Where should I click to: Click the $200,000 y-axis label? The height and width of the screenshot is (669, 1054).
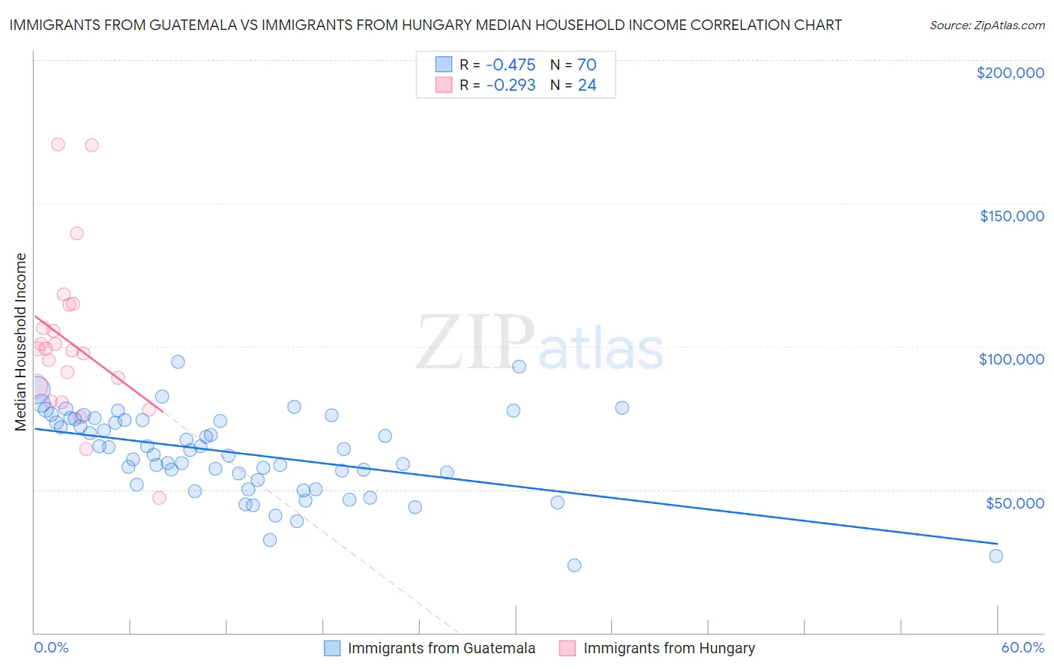tap(1010, 73)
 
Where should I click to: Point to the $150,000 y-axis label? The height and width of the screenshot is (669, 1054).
tap(1011, 216)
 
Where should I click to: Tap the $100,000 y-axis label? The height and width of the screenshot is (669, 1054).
tap(1011, 359)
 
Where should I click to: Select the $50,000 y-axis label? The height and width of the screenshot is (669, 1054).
tap(1014, 502)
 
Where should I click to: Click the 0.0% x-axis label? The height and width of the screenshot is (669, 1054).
tap(51, 647)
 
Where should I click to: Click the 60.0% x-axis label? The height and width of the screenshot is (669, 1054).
tap(1023, 647)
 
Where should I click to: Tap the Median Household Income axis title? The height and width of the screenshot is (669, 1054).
tap(21, 342)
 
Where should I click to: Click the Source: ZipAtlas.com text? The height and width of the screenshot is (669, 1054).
tap(987, 25)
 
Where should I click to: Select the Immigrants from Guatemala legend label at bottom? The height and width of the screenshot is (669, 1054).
tap(442, 648)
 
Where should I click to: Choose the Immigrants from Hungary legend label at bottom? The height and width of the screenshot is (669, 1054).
tap(669, 648)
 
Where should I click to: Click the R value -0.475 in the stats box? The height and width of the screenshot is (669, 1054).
tap(511, 65)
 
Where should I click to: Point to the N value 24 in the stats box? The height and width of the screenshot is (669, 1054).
tap(587, 85)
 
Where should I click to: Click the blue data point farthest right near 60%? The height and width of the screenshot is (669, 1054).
tap(996, 556)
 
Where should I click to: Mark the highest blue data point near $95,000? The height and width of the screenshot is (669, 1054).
tap(178, 361)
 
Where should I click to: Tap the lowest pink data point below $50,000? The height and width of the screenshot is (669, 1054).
tap(159, 497)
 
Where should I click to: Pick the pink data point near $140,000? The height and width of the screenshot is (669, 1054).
tap(76, 233)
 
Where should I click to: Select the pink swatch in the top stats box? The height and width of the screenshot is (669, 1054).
tap(444, 85)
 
